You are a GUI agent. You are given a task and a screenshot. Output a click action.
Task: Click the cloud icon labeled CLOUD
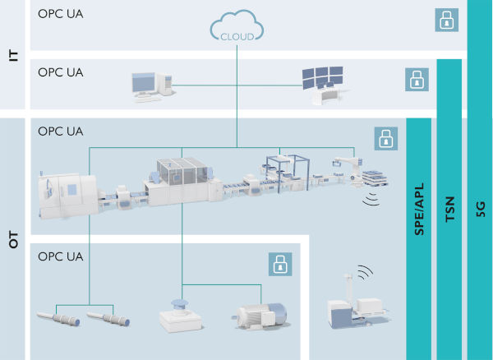pos(237,30)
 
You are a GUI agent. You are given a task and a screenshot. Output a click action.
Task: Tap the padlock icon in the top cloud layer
pos(446,21)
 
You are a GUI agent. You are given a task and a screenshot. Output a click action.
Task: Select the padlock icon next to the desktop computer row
pos(417,80)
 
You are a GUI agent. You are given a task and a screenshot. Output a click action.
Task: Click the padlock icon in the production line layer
pos(385,138)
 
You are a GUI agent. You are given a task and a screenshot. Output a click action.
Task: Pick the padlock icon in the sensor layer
pos(281,264)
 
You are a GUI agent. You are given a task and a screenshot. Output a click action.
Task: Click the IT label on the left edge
pos(13,55)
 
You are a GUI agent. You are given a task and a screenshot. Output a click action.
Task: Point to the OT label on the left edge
pos(13,242)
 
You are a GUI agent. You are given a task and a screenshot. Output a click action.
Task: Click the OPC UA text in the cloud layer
pos(61,14)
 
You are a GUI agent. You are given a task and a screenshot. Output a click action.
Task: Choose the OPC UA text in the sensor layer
pos(61,256)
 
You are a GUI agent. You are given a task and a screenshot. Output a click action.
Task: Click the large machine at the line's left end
pos(66,191)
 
